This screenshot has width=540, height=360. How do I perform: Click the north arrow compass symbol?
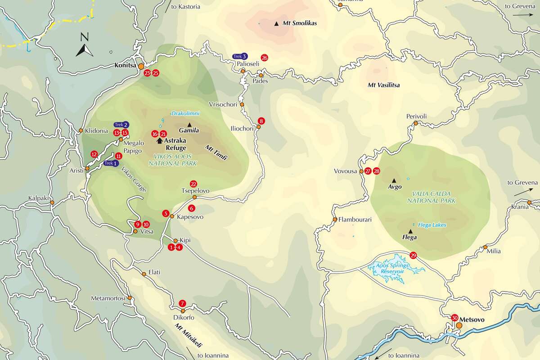point(84,46)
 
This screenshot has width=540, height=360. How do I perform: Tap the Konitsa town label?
point(125,65)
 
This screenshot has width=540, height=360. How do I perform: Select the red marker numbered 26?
point(264,58)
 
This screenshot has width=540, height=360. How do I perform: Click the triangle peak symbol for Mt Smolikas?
point(276,23)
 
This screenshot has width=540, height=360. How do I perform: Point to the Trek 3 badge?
point(240,56)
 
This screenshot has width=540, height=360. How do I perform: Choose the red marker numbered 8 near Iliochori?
point(261,121)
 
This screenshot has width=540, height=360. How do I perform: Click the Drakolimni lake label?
point(185,113)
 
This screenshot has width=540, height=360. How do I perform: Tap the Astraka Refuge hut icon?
point(159,140)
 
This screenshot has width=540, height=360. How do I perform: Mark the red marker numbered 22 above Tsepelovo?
point(193,184)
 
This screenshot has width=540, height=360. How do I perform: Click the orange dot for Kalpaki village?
point(52,203)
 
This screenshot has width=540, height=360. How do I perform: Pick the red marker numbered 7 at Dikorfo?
point(182,303)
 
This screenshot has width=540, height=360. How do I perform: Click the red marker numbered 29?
point(414,256)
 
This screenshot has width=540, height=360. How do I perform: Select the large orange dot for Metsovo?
point(459,325)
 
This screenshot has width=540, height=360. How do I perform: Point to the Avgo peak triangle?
point(394,180)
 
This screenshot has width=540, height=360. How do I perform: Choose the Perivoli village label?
point(416,116)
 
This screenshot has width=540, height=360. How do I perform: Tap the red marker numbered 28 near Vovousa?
point(377,171)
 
